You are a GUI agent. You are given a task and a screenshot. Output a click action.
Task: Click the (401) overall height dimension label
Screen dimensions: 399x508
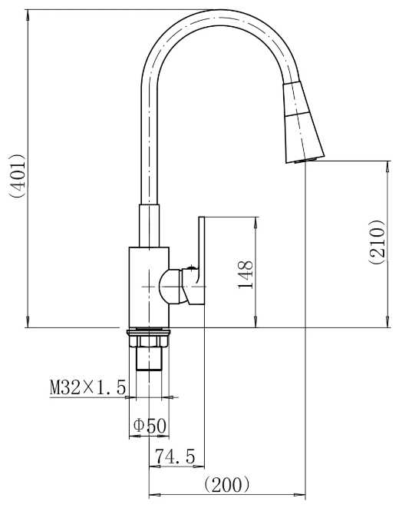(x=17, y=176)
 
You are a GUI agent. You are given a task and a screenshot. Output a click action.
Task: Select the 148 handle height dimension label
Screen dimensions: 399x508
(x=245, y=274)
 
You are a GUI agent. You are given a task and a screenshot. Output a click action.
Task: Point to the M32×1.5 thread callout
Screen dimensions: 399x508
(x=87, y=387)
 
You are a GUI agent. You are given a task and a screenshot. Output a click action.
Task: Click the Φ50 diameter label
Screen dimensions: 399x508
(x=150, y=426)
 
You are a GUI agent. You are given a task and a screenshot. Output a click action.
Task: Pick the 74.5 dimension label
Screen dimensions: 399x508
(x=175, y=457)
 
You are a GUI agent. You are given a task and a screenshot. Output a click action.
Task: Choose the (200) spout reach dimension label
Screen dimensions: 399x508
(x=227, y=485)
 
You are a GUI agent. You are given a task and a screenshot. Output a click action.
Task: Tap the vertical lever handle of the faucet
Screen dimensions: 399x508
(x=201, y=253)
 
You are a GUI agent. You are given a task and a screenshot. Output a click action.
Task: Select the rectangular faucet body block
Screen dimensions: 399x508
(x=149, y=287)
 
